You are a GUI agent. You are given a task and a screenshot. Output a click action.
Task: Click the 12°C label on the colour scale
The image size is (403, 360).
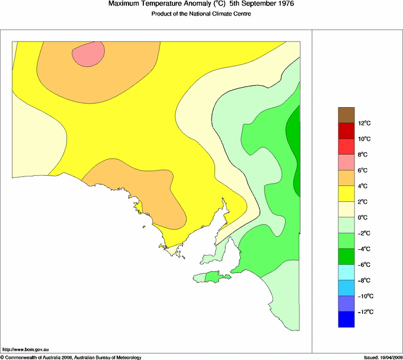click(x=365, y=123)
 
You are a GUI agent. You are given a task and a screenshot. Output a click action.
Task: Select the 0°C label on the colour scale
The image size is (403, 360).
click(x=364, y=217)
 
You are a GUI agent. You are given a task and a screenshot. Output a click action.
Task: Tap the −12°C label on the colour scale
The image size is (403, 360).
click(x=365, y=311)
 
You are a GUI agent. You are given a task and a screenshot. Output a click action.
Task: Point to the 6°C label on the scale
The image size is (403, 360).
click(x=364, y=171)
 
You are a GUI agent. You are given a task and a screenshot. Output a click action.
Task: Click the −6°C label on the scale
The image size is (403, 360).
click(x=365, y=265)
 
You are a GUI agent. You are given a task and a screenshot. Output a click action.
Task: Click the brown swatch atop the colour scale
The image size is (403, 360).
click(x=346, y=115)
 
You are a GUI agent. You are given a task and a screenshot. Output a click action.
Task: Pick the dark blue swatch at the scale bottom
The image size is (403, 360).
click(x=346, y=319)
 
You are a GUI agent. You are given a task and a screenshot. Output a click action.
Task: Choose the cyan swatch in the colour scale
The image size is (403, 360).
click(x=346, y=272)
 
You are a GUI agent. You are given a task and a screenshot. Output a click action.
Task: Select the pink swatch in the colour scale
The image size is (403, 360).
click(x=346, y=162)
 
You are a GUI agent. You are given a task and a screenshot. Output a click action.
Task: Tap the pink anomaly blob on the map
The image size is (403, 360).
click(x=89, y=54)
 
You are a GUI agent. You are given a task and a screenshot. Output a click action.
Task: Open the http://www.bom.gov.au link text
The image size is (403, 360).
click(x=25, y=350)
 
